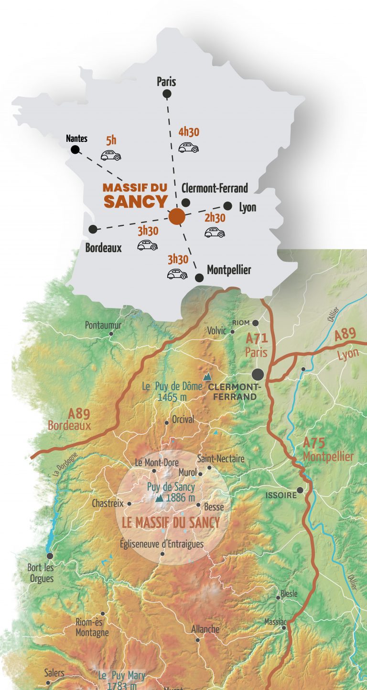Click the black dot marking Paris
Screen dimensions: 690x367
167,94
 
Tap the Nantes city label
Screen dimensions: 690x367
77,138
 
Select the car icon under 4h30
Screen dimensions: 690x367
189,147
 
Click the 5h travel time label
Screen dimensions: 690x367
111,140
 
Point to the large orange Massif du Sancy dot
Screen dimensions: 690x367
177,216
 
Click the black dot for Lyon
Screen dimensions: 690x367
228,206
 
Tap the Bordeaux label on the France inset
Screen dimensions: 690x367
103,248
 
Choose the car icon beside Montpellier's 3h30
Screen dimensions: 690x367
177,274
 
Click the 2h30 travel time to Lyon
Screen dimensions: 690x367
215,218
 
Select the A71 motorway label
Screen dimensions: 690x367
256,339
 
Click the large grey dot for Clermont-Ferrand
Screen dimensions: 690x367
258,374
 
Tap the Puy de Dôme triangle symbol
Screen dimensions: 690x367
207,377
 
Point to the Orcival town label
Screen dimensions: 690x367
183,419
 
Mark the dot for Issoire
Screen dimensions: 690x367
300,490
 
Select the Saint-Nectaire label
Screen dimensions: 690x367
221,458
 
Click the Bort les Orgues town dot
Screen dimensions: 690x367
50,556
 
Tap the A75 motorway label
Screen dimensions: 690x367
313,443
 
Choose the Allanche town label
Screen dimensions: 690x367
205,629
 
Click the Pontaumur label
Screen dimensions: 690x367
103,325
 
